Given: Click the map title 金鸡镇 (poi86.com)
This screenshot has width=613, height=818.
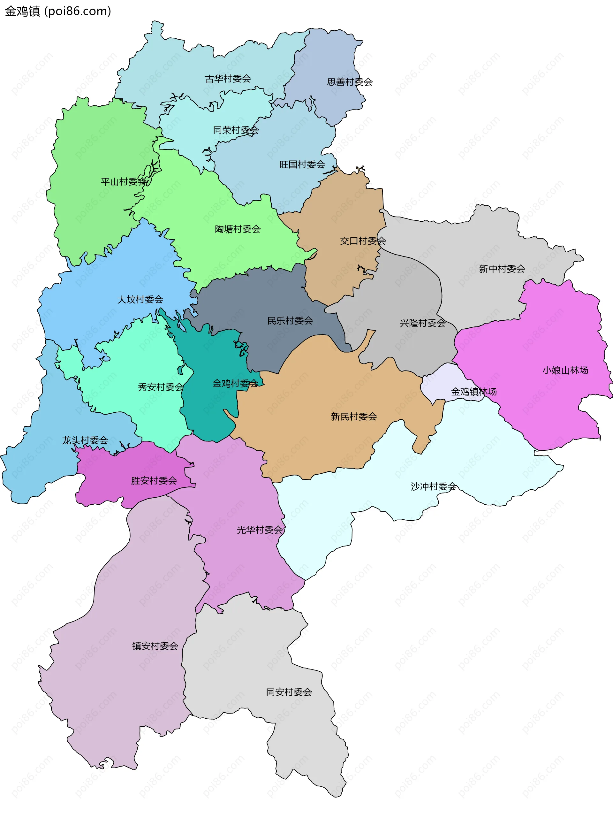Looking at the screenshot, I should tap(58, 11).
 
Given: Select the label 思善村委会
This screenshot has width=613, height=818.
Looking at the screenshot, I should tap(349, 82).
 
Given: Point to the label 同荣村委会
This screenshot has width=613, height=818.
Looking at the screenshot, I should tap(236, 130).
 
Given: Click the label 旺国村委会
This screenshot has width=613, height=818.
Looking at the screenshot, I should tap(302, 164).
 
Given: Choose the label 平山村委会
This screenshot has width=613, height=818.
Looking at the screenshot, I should tap(124, 181).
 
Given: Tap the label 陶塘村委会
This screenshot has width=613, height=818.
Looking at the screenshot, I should tap(238, 229).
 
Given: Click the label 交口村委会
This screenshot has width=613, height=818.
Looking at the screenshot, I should tap(363, 241).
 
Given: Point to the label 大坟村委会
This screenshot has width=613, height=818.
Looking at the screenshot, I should tap(140, 299).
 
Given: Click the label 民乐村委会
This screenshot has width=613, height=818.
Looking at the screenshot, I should tap(290, 321).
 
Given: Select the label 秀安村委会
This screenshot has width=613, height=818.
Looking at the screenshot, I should tap(161, 387).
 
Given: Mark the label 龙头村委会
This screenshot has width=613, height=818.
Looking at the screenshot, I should tap(85, 440).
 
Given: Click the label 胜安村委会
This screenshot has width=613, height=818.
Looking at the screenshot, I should tap(154, 480).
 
